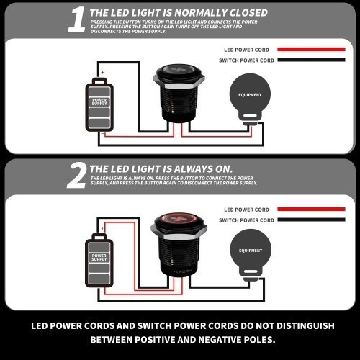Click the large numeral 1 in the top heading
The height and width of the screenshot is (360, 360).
pos(77,19)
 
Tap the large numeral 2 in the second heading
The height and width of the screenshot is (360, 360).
pos(77,175)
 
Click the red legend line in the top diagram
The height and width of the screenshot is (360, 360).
pos(311,50)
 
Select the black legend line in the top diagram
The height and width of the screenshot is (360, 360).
pos(311,60)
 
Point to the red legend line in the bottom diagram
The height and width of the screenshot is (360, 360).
pos(311,210)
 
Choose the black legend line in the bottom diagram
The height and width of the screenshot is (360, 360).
pos(311,220)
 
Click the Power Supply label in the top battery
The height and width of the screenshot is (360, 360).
pos(99,102)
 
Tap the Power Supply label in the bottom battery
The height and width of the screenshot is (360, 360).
pos(99,258)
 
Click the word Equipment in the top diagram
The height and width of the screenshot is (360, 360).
pos(250,95)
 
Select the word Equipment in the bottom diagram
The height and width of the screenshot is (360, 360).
pos(251,251)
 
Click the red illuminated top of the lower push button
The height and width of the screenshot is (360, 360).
pos(179,219)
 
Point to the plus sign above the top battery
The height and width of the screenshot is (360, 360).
pos(103,72)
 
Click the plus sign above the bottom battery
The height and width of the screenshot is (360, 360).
pos(102,228)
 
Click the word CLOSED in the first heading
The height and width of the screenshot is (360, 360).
pos(248,13)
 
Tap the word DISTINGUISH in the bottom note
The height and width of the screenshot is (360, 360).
pos(305,326)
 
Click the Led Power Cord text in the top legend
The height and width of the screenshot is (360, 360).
pos(246,50)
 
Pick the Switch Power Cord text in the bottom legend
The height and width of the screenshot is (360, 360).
pos(246,220)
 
